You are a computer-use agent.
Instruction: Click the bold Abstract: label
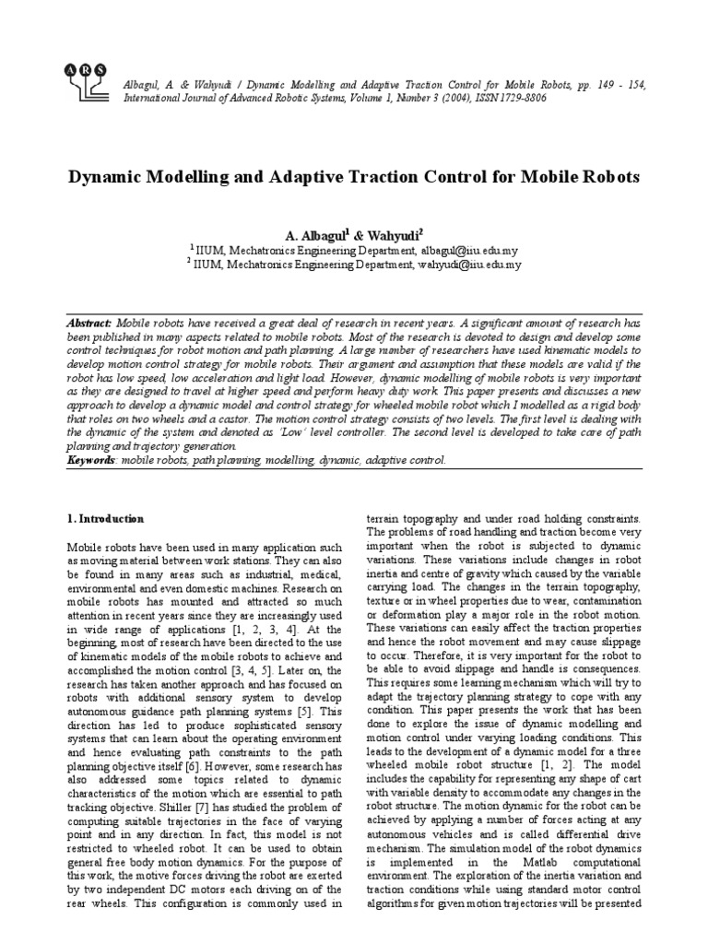coord(90,324)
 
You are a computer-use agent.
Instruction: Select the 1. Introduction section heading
coord(106,519)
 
